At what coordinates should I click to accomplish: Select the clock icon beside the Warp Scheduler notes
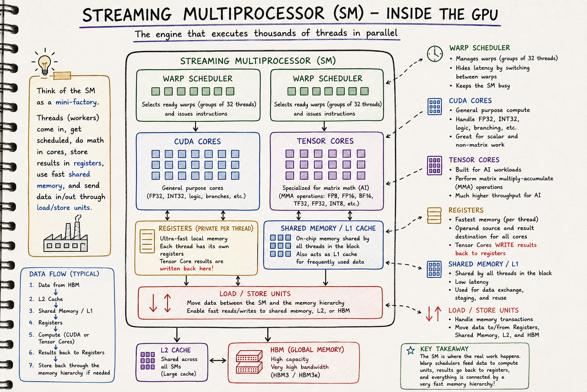(x=435, y=54)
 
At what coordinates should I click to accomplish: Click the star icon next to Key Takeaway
(x=411, y=350)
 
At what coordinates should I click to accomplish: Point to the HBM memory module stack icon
(x=249, y=362)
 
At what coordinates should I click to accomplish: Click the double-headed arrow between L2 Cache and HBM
(x=218, y=361)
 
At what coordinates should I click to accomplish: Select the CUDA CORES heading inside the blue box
(x=198, y=142)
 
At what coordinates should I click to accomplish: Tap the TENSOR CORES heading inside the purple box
(x=325, y=141)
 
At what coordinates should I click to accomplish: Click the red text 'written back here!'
(x=186, y=268)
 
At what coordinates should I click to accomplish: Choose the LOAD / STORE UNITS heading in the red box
(x=255, y=294)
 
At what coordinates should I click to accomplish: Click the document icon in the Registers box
(x=147, y=241)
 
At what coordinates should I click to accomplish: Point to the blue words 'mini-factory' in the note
(x=76, y=102)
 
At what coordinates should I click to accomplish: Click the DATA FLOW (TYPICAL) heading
(x=64, y=274)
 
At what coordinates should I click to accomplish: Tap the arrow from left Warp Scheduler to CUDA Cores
(x=196, y=126)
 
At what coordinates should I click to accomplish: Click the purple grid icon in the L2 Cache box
(x=148, y=361)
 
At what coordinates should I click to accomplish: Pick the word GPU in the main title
(x=485, y=14)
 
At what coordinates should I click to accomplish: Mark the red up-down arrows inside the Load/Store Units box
(x=160, y=303)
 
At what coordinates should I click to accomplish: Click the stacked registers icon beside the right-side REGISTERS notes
(x=434, y=216)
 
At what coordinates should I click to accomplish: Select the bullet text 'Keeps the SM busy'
(x=483, y=86)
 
